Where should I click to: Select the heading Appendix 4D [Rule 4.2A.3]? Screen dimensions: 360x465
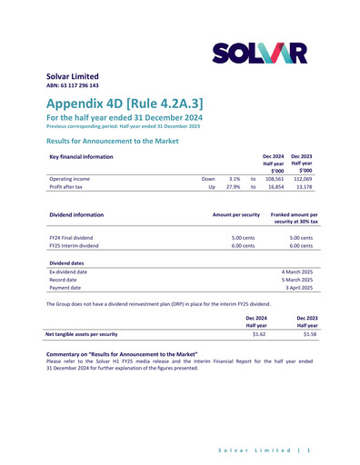coord(124,103)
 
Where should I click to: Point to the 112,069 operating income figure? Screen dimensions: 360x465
coord(302,180)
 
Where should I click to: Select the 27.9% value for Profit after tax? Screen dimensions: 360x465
coord(233,189)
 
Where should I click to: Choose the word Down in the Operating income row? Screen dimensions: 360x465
coord(208,180)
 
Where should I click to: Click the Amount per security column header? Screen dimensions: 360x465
coord(235,215)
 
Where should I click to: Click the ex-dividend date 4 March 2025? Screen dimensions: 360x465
coord(295,272)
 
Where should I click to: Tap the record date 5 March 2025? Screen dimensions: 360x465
coord(295,280)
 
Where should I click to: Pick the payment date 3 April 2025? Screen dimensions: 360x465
coord(296,288)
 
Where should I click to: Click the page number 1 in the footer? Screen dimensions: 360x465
coord(310,450)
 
